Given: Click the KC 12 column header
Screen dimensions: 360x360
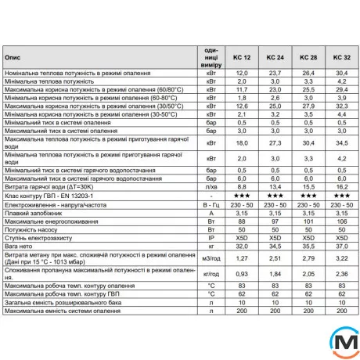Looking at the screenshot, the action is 242,57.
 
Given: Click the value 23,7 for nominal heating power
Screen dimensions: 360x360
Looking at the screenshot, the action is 275,72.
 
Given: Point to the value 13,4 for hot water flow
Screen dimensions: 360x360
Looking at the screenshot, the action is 275,188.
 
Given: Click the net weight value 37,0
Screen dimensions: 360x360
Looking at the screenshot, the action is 340,245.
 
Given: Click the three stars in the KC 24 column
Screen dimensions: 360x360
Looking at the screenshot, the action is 275,196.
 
